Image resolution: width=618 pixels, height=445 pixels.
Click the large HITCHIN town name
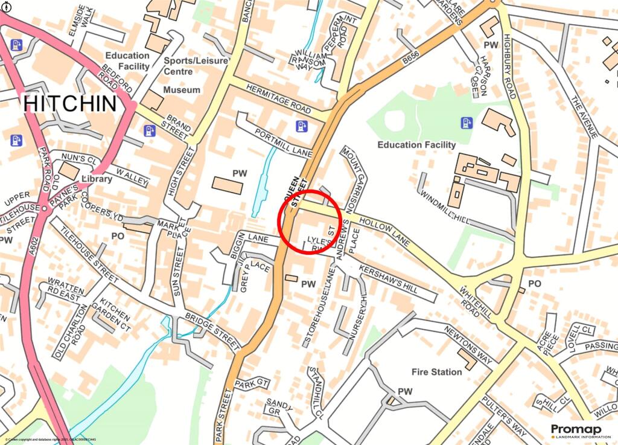tap(70, 103)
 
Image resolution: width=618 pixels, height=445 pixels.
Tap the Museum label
tap(182, 90)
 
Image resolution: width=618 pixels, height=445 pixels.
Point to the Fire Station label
tap(436, 372)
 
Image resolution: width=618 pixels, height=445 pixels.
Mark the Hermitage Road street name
tap(279, 98)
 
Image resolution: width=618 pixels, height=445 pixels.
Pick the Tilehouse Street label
tap(91, 258)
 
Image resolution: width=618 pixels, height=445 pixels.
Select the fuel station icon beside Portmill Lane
tap(302, 126)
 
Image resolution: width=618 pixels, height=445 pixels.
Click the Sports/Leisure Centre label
tap(196, 66)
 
